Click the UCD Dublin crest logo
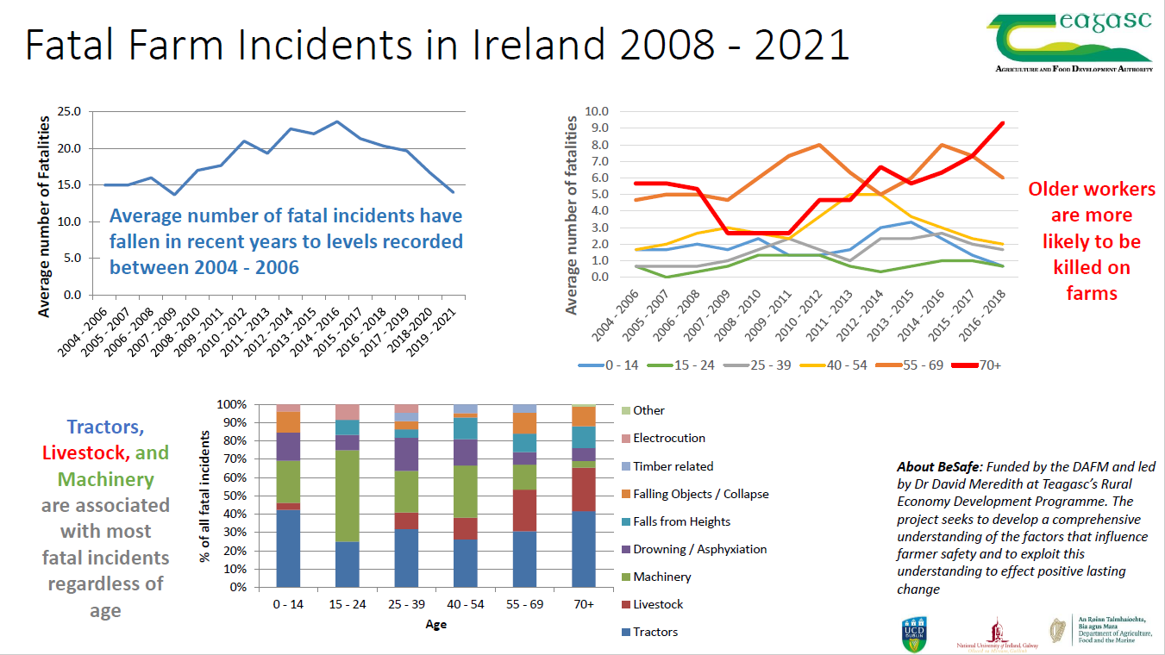pyautogui.click(x=914, y=632)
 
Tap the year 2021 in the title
pyautogui.click(x=802, y=45)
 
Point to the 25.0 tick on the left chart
pyautogui.click(x=68, y=112)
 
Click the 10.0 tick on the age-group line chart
pyautogui.click(x=597, y=112)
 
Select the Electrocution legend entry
pyautogui.click(x=668, y=438)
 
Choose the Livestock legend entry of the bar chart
pyautogui.click(x=657, y=604)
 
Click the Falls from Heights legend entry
pyautogui.click(x=681, y=521)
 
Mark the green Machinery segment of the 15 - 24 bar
pyautogui.click(x=347, y=496)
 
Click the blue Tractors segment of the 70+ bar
pyautogui.click(x=584, y=549)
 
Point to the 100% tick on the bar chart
pyautogui.click(x=231, y=404)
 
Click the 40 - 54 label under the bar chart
pyautogui.click(x=466, y=604)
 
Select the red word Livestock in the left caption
pyautogui.click(x=86, y=452)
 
